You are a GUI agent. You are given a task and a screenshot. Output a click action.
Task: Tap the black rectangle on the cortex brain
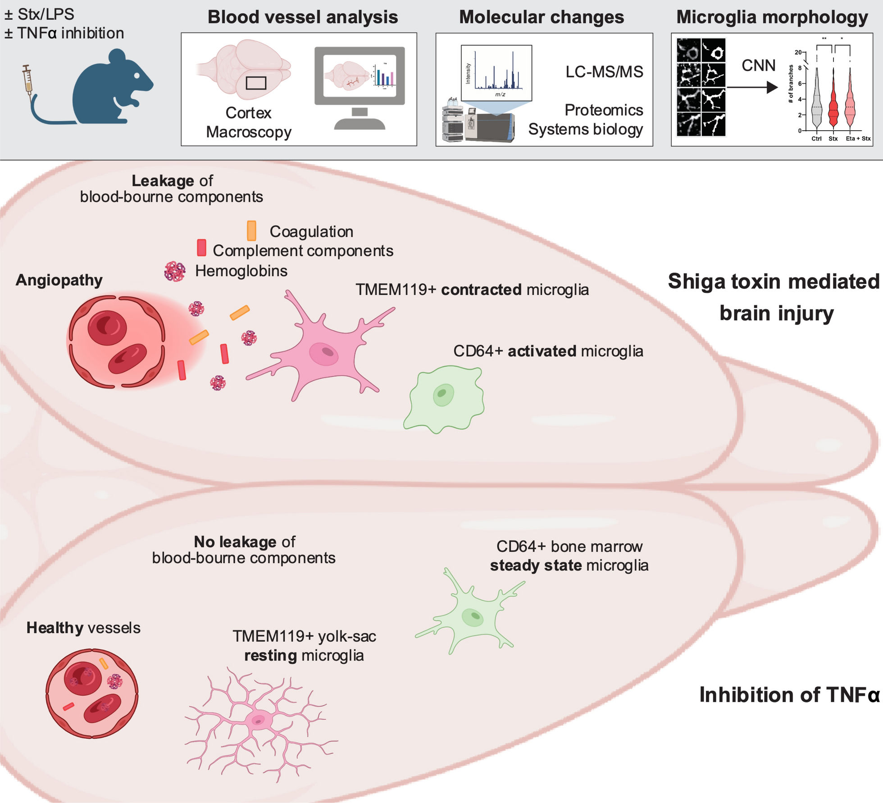tap(256, 83)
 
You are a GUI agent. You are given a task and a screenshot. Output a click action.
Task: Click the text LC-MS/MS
tap(604, 72)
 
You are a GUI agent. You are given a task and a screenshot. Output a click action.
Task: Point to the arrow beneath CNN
tap(752, 87)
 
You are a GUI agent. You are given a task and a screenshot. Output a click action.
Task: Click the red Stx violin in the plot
tap(833, 108)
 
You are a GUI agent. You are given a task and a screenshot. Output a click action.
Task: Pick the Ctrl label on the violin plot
tap(816, 139)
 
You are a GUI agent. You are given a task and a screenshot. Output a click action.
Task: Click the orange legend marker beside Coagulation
tap(251, 231)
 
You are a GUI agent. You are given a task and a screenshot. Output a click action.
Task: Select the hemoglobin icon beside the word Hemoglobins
tap(175, 271)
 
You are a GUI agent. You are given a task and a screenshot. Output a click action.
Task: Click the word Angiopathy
tap(59, 280)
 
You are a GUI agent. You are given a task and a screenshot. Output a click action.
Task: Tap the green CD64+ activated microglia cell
tap(444, 398)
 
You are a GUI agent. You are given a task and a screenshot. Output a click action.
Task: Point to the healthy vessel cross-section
tap(92, 693)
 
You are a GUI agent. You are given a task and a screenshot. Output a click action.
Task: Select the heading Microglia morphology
tap(772, 17)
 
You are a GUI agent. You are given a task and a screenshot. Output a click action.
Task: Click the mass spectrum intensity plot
tap(496, 73)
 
